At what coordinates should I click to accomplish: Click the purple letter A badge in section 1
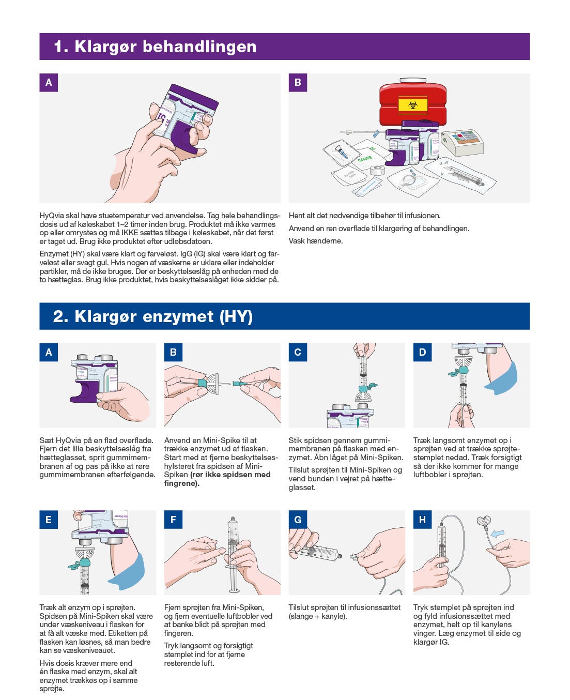pyautogui.click(x=49, y=83)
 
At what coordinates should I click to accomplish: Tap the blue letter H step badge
pyautogui.click(x=423, y=520)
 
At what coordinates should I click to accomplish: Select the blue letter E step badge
pyautogui.click(x=49, y=520)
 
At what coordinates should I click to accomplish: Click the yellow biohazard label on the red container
pyautogui.click(x=413, y=105)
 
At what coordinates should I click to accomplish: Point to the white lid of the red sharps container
pyautogui.click(x=412, y=81)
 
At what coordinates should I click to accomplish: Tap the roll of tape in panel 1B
pyautogui.click(x=377, y=171)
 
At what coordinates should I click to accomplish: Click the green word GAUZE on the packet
pyautogui.click(x=365, y=158)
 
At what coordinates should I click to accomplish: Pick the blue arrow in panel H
pyautogui.click(x=498, y=534)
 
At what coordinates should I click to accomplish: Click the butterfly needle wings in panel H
pyautogui.click(x=484, y=522)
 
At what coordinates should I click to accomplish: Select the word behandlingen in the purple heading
pyautogui.click(x=199, y=47)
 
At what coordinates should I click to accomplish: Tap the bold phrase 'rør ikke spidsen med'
pyautogui.click(x=230, y=475)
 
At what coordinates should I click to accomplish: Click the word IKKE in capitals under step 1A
pyautogui.click(x=130, y=233)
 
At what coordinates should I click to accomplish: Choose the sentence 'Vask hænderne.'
pyautogui.click(x=316, y=241)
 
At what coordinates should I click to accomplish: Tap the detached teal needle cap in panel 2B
pyautogui.click(x=238, y=383)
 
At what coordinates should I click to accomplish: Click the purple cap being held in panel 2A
pyautogui.click(x=84, y=392)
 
